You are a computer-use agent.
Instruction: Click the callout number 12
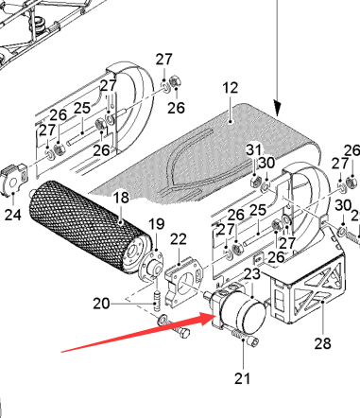230,88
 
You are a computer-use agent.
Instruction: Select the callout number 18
121,198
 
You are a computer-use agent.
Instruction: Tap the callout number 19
156,224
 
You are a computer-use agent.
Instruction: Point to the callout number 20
101,304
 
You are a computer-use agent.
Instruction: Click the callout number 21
242,378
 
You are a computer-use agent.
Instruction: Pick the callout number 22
179,239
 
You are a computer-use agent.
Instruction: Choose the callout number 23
252,274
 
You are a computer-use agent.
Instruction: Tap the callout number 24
13,215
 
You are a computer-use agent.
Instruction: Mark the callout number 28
323,343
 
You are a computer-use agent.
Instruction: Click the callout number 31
254,149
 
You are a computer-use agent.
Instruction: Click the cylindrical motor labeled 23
239,309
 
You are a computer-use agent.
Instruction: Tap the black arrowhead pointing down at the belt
277,108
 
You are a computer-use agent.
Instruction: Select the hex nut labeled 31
255,182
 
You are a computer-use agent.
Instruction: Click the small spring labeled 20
157,301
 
